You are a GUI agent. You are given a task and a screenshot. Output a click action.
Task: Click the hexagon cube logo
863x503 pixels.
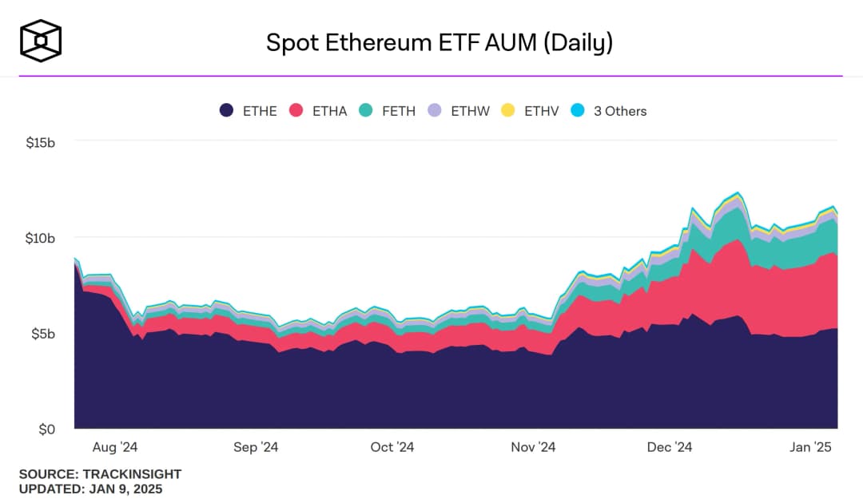pyautogui.click(x=41, y=41)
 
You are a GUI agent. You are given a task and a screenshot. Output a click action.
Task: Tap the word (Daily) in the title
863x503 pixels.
pyautogui.click(x=578, y=42)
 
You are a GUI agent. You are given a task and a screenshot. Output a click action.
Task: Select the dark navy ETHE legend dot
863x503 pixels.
pyautogui.click(x=227, y=111)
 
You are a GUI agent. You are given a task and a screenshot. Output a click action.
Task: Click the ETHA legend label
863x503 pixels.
pyautogui.click(x=329, y=111)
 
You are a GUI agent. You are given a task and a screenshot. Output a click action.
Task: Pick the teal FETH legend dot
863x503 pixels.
pyautogui.click(x=366, y=111)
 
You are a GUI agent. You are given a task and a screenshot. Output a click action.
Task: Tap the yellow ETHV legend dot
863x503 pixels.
pyautogui.click(x=507, y=111)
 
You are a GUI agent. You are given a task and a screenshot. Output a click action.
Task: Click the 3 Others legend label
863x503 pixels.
pyautogui.click(x=620, y=111)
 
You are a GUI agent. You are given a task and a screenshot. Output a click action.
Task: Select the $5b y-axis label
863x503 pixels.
pyautogui.click(x=45, y=334)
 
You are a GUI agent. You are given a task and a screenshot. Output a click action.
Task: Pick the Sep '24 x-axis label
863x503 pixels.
pyautogui.click(x=257, y=447)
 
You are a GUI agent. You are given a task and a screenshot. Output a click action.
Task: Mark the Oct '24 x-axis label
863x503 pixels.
pyautogui.click(x=393, y=447)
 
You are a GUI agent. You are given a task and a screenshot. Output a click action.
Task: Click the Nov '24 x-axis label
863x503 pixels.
pyautogui.click(x=533, y=447)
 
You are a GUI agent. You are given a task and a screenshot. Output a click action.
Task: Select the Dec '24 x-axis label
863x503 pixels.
pyautogui.click(x=670, y=447)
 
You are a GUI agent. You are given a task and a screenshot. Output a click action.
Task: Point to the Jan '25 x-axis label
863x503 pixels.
pyautogui.click(x=810, y=447)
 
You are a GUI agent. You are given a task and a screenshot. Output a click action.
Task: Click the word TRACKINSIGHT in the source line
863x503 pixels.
pyautogui.click(x=132, y=474)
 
